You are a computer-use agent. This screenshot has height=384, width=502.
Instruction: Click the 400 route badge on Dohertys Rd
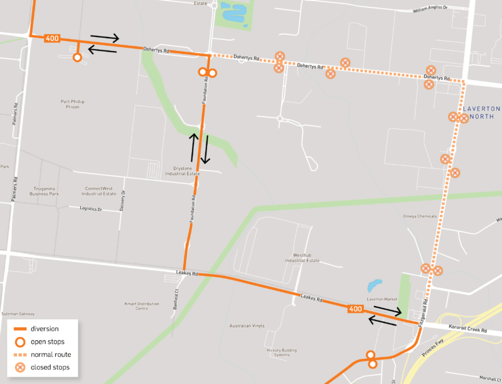(52, 39)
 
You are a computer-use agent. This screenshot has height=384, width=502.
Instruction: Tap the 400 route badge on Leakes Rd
(355, 309)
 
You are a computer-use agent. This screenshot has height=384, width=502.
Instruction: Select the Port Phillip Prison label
(73, 104)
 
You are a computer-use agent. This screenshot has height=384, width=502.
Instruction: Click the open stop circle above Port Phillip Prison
(77, 58)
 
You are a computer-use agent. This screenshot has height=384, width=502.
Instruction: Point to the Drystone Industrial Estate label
(186, 171)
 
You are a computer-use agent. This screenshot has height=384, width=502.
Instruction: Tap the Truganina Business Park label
(44, 191)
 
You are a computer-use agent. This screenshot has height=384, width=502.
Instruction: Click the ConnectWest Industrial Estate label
(101, 191)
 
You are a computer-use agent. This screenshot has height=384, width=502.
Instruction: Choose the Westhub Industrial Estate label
(302, 258)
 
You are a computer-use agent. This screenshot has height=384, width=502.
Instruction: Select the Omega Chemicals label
(420, 216)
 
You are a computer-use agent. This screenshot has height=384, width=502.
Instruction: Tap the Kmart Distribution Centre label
(145, 306)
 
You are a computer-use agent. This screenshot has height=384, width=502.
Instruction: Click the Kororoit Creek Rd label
(467, 329)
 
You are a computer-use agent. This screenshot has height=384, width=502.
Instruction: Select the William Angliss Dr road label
(431, 9)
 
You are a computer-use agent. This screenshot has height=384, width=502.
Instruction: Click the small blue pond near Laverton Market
(375, 286)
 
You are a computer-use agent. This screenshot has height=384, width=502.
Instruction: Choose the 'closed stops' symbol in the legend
(21, 367)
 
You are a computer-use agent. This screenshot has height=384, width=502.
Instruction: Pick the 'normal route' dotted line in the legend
(21, 354)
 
